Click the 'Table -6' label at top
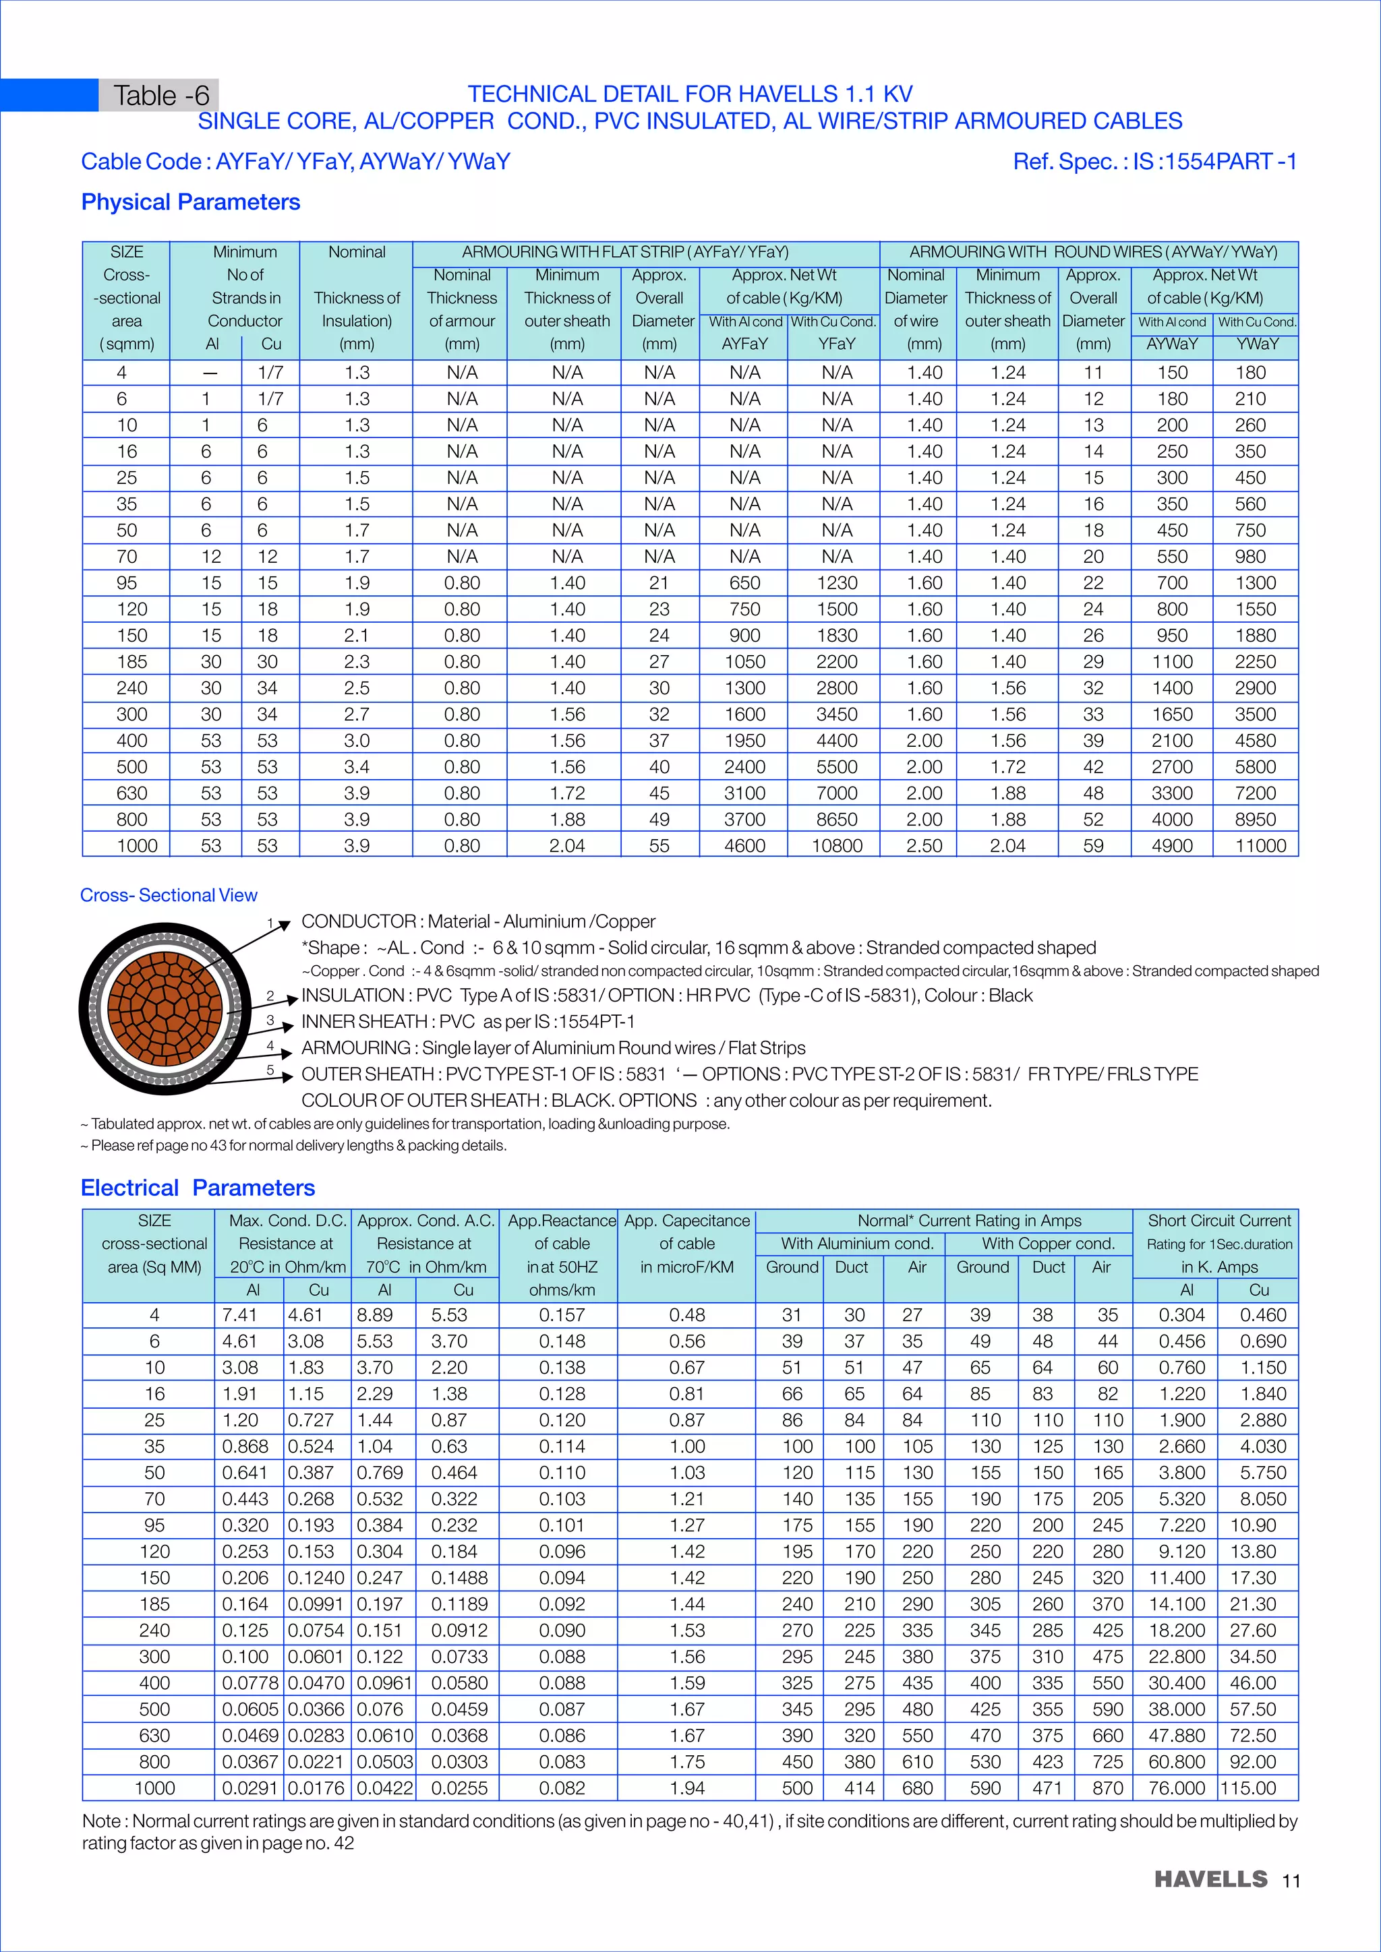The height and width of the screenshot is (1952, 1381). pyautogui.click(x=160, y=95)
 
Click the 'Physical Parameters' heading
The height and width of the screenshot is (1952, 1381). pyautogui.click(x=190, y=202)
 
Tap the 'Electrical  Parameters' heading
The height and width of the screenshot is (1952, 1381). pyautogui.click(x=198, y=1188)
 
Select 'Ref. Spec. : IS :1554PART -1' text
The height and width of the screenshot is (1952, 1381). pyautogui.click(x=1154, y=162)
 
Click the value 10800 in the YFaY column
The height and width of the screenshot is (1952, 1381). pyautogui.click(x=836, y=846)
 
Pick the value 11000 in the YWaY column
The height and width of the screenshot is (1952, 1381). pyautogui.click(x=1260, y=846)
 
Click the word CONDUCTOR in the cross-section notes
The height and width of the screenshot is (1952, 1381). pyautogui.click(x=358, y=921)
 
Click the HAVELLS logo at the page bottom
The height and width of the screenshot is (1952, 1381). pyautogui.click(x=1210, y=1879)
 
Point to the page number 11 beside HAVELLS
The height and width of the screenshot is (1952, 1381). pyautogui.click(x=1291, y=1881)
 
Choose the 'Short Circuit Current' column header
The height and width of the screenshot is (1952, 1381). pyautogui.click(x=1218, y=1221)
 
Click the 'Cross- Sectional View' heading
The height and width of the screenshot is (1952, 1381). pyautogui.click(x=169, y=895)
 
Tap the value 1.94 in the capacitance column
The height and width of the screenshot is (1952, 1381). pyautogui.click(x=686, y=1788)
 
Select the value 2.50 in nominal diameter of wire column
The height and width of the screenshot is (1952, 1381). pyautogui.click(x=924, y=846)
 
